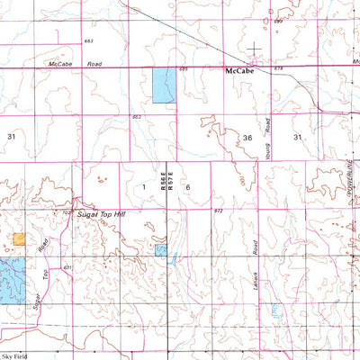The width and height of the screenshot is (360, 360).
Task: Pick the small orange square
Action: coord(20,238)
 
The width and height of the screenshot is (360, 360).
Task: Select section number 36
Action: coord(247,136)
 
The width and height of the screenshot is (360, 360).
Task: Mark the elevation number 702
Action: coord(67,214)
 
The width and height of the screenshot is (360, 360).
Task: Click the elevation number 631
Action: coord(67,268)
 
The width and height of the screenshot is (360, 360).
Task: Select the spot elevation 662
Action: coord(137,117)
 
